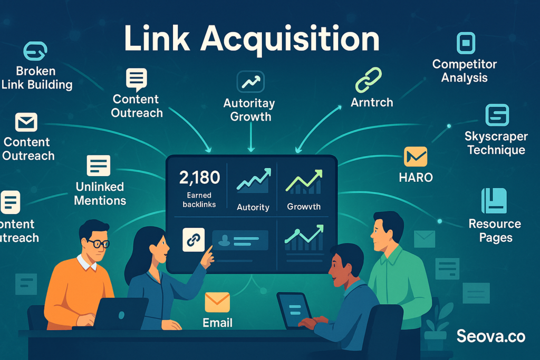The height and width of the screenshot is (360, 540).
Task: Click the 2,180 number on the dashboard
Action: [x=200, y=178]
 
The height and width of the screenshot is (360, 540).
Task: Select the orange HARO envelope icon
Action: [x=416, y=157]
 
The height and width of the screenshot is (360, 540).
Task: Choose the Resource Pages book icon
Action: [x=494, y=201]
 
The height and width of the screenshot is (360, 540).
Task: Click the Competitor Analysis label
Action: [x=465, y=71]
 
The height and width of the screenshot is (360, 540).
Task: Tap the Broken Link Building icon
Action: [x=35, y=51]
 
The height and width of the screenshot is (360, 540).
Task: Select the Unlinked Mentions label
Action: [x=100, y=193]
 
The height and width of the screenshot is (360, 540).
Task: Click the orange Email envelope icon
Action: [x=217, y=303]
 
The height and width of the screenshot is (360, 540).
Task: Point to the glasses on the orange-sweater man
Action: [x=98, y=244]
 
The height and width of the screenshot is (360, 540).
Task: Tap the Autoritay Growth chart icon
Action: [x=250, y=82]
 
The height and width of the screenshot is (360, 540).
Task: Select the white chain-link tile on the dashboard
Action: [x=193, y=239]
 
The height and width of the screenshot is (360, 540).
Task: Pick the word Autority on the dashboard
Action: [x=253, y=207]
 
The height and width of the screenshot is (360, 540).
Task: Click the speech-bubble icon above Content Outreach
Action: [x=136, y=80]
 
